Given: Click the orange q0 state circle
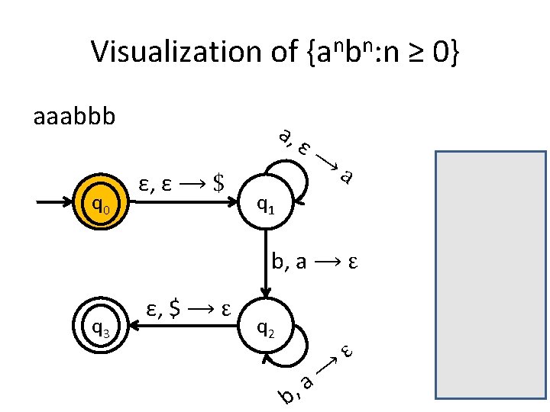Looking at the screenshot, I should pos(100,204).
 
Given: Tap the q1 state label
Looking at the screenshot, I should pos(265,204).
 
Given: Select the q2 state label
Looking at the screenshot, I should pos(265,329).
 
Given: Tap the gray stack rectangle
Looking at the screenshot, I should pos(491,274).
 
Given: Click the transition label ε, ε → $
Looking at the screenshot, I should pos(180,183).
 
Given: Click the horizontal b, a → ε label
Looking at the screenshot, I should pos(315,263).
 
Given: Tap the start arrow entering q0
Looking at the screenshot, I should pos(57,204).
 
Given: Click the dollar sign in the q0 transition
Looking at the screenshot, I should pos(219,183).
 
